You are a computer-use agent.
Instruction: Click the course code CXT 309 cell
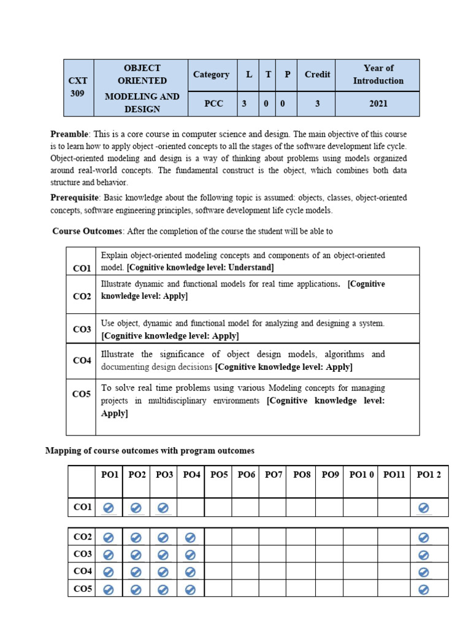78,87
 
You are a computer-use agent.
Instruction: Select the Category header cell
211,75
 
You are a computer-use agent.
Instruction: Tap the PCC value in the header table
211,104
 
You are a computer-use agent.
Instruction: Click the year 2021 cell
378,104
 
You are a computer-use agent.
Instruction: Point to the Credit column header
317,75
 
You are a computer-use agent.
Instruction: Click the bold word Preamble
69,134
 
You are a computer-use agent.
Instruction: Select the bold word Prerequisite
74,198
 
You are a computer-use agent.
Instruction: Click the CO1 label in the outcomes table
82,268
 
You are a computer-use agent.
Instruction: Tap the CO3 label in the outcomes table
82,329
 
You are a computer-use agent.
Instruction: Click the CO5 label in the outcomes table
82,394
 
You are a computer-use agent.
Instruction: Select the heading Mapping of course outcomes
150,451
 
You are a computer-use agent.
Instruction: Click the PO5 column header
219,475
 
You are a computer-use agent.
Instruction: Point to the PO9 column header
330,475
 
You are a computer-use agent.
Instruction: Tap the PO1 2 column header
429,475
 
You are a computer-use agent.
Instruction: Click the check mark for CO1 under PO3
163,508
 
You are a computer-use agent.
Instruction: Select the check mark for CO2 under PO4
190,538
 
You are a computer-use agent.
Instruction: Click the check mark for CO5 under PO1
108,589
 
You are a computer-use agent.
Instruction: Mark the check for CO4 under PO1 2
423,572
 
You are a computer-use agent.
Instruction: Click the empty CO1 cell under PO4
190,508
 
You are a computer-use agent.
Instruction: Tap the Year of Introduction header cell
378,75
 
